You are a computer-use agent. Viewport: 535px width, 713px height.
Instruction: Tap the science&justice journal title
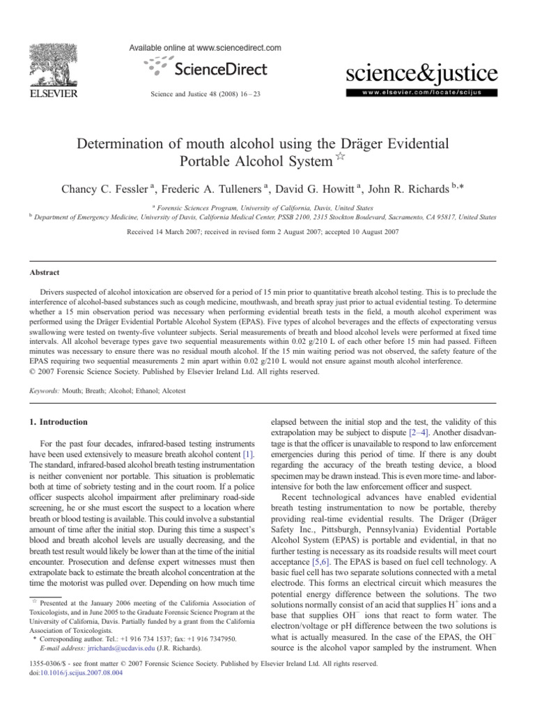click(x=422, y=73)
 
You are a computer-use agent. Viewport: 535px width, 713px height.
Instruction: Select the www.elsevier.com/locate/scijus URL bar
click(x=422, y=91)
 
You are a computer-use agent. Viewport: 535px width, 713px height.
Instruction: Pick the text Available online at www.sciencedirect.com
click(x=206, y=48)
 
